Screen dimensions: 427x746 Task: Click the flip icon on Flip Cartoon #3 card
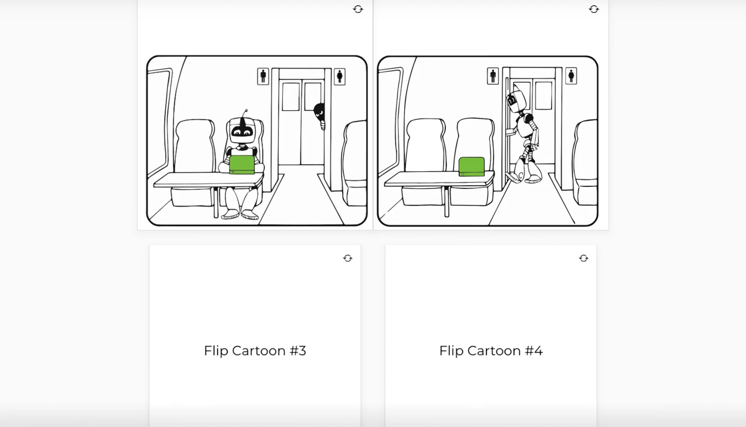(348, 259)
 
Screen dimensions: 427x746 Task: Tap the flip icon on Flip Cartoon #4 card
(584, 259)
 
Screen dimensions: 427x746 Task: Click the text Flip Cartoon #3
(255, 351)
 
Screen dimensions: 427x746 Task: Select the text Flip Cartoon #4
(491, 351)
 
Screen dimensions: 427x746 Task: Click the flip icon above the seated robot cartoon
(358, 9)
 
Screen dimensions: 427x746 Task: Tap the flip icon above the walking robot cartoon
(594, 9)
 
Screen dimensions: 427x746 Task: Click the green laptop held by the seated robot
(242, 165)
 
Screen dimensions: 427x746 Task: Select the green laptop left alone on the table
(471, 167)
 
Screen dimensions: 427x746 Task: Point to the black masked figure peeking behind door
(320, 113)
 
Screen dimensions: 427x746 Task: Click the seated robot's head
(242, 131)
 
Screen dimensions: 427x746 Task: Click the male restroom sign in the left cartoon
(263, 77)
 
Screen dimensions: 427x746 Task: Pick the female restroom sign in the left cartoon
(340, 77)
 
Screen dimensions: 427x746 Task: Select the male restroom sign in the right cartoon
(493, 76)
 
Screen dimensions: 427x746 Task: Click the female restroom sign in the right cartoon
(571, 76)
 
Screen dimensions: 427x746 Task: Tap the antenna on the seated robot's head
(245, 113)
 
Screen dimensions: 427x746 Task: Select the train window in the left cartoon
(158, 121)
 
